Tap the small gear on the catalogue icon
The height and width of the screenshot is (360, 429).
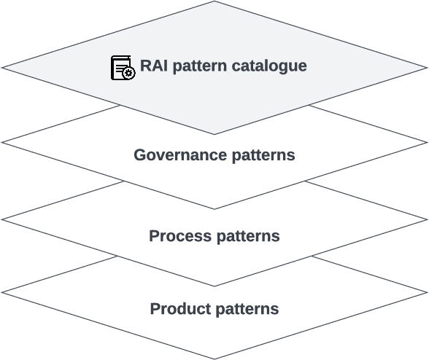point(129,73)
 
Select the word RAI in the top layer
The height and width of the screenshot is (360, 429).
point(155,66)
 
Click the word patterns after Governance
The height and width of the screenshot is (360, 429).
point(262,155)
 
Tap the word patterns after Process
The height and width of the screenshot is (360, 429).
point(245,236)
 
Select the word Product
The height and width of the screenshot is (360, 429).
point(179,309)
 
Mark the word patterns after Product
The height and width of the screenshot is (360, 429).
point(245,309)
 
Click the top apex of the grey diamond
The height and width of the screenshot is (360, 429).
point(214,1)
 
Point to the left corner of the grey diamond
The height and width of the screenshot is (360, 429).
point(2,68)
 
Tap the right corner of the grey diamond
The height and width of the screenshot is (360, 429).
point(427,68)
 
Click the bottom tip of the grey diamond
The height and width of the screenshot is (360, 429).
point(214,134)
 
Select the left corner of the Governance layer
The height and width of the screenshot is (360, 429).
point(2,142)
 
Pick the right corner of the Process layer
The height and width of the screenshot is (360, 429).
point(427,219)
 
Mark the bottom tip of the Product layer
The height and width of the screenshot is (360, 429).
point(214,359)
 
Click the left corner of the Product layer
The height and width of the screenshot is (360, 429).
point(2,292)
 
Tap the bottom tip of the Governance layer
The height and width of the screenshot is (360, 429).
point(214,209)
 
